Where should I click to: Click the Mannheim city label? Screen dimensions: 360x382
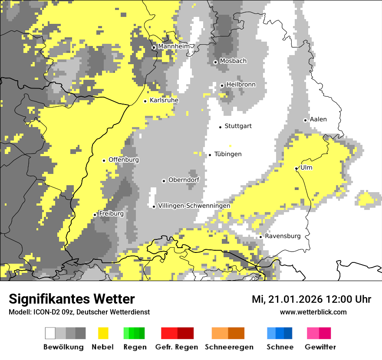point(174,46)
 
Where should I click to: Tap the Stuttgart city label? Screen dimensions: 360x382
point(238,126)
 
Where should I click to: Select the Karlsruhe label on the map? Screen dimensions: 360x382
point(164,100)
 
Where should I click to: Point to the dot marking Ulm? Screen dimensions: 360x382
point(296,168)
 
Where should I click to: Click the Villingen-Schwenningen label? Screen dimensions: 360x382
point(194,206)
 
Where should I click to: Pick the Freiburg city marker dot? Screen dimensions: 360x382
point(95,215)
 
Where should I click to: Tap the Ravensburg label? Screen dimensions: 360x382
point(283,236)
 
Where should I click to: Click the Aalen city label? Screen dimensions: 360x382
point(318,119)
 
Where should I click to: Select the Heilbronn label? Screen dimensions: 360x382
point(241,85)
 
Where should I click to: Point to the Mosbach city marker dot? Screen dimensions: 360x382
point(215,62)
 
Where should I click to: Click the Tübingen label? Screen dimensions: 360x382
point(228,154)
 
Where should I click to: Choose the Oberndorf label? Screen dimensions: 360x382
point(184,180)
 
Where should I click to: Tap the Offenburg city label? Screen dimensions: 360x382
point(124,160)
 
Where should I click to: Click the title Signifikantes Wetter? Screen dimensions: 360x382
point(72,299)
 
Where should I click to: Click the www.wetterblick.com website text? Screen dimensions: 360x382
point(313,312)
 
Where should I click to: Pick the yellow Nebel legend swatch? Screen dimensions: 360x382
point(103,333)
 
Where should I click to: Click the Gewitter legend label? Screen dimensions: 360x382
point(320,347)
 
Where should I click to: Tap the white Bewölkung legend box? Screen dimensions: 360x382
point(50,333)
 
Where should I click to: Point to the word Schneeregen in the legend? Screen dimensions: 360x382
point(228,347)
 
